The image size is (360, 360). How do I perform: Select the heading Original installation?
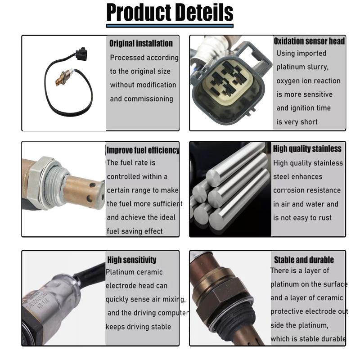[141, 44]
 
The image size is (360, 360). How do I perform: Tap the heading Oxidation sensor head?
[309, 41]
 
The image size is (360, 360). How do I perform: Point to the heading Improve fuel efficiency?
[143, 150]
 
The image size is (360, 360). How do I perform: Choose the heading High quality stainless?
[307, 149]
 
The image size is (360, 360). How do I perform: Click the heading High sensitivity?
[131, 260]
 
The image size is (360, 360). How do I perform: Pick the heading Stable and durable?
[304, 260]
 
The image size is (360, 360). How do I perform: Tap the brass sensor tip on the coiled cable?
[60, 81]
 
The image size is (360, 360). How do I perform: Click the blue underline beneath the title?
[170, 26]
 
